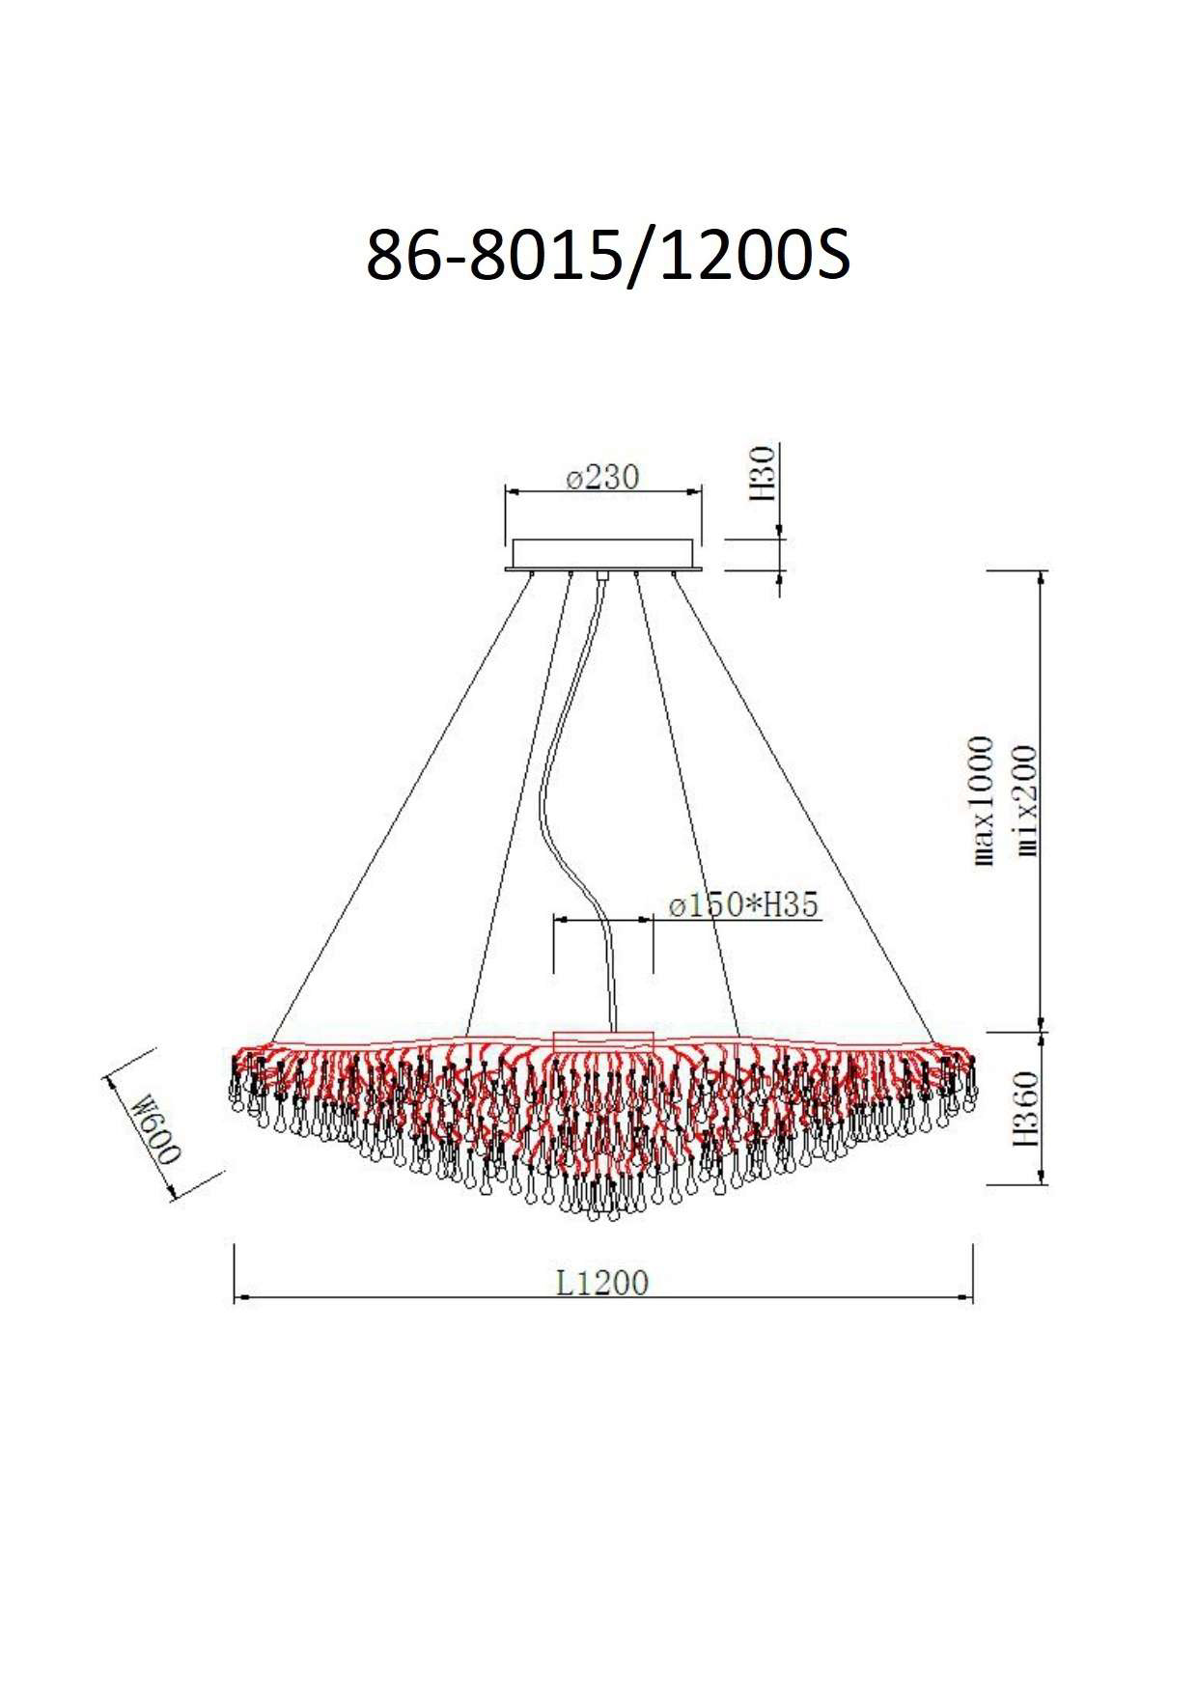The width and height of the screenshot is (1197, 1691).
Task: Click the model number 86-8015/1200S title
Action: pyautogui.click(x=607, y=257)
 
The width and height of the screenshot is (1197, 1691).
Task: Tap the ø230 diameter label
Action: pyautogui.click(x=602, y=478)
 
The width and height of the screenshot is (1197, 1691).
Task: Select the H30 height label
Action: pyautogui.click(x=764, y=473)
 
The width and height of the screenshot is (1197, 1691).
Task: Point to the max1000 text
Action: pyautogui.click(x=982, y=800)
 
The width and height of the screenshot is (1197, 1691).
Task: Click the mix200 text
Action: pyautogui.click(x=1025, y=800)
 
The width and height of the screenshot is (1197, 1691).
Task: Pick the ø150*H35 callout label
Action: pyautogui.click(x=743, y=905)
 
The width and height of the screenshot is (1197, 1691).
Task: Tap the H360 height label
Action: pyautogui.click(x=1025, y=1107)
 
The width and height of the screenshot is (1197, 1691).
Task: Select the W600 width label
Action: pyautogui.click(x=155, y=1128)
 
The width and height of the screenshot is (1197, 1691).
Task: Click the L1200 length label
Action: pyautogui.click(x=601, y=1283)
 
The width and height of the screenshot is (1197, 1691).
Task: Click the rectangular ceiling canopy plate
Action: pyautogui.click(x=602, y=554)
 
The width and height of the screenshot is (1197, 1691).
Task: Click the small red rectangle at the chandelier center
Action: pyautogui.click(x=604, y=1040)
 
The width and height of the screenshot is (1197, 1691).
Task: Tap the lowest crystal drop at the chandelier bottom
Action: pyautogui.click(x=612, y=1213)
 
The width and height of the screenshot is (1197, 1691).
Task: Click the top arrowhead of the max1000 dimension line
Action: pyautogui.click(x=1041, y=578)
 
